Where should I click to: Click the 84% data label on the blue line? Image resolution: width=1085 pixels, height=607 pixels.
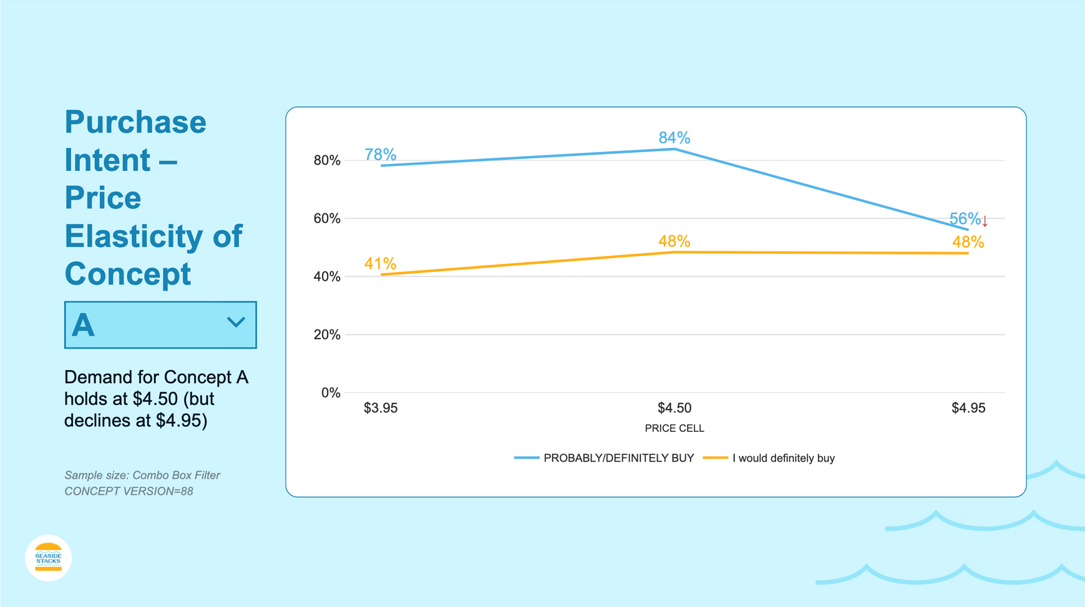click(674, 137)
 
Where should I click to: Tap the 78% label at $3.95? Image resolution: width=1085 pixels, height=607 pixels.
click(380, 154)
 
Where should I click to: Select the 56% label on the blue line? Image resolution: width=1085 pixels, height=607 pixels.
click(964, 219)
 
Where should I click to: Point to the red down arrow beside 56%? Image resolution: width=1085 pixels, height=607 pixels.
click(985, 221)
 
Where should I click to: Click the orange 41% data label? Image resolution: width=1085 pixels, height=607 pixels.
click(380, 264)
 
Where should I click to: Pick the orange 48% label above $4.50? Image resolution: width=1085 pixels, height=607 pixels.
click(674, 241)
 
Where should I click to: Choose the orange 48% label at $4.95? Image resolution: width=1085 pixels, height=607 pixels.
click(968, 242)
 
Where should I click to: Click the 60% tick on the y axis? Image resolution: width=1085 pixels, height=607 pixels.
click(327, 218)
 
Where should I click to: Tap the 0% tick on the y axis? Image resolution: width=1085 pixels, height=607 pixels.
click(331, 392)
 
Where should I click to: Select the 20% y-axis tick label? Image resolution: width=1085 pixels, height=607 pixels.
click(327, 334)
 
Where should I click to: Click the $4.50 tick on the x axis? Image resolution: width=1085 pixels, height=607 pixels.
click(674, 408)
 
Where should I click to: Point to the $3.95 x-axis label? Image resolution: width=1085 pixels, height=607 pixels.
click(381, 408)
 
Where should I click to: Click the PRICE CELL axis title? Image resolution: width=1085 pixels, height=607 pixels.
click(674, 429)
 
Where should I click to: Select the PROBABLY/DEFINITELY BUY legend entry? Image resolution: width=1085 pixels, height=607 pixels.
click(618, 458)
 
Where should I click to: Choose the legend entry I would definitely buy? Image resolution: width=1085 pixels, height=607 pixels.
click(783, 458)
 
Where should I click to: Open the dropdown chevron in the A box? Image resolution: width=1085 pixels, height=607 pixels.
click(236, 323)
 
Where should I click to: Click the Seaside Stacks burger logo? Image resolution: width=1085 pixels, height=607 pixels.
click(48, 558)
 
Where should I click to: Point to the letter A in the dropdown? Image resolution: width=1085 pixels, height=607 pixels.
click(83, 325)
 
